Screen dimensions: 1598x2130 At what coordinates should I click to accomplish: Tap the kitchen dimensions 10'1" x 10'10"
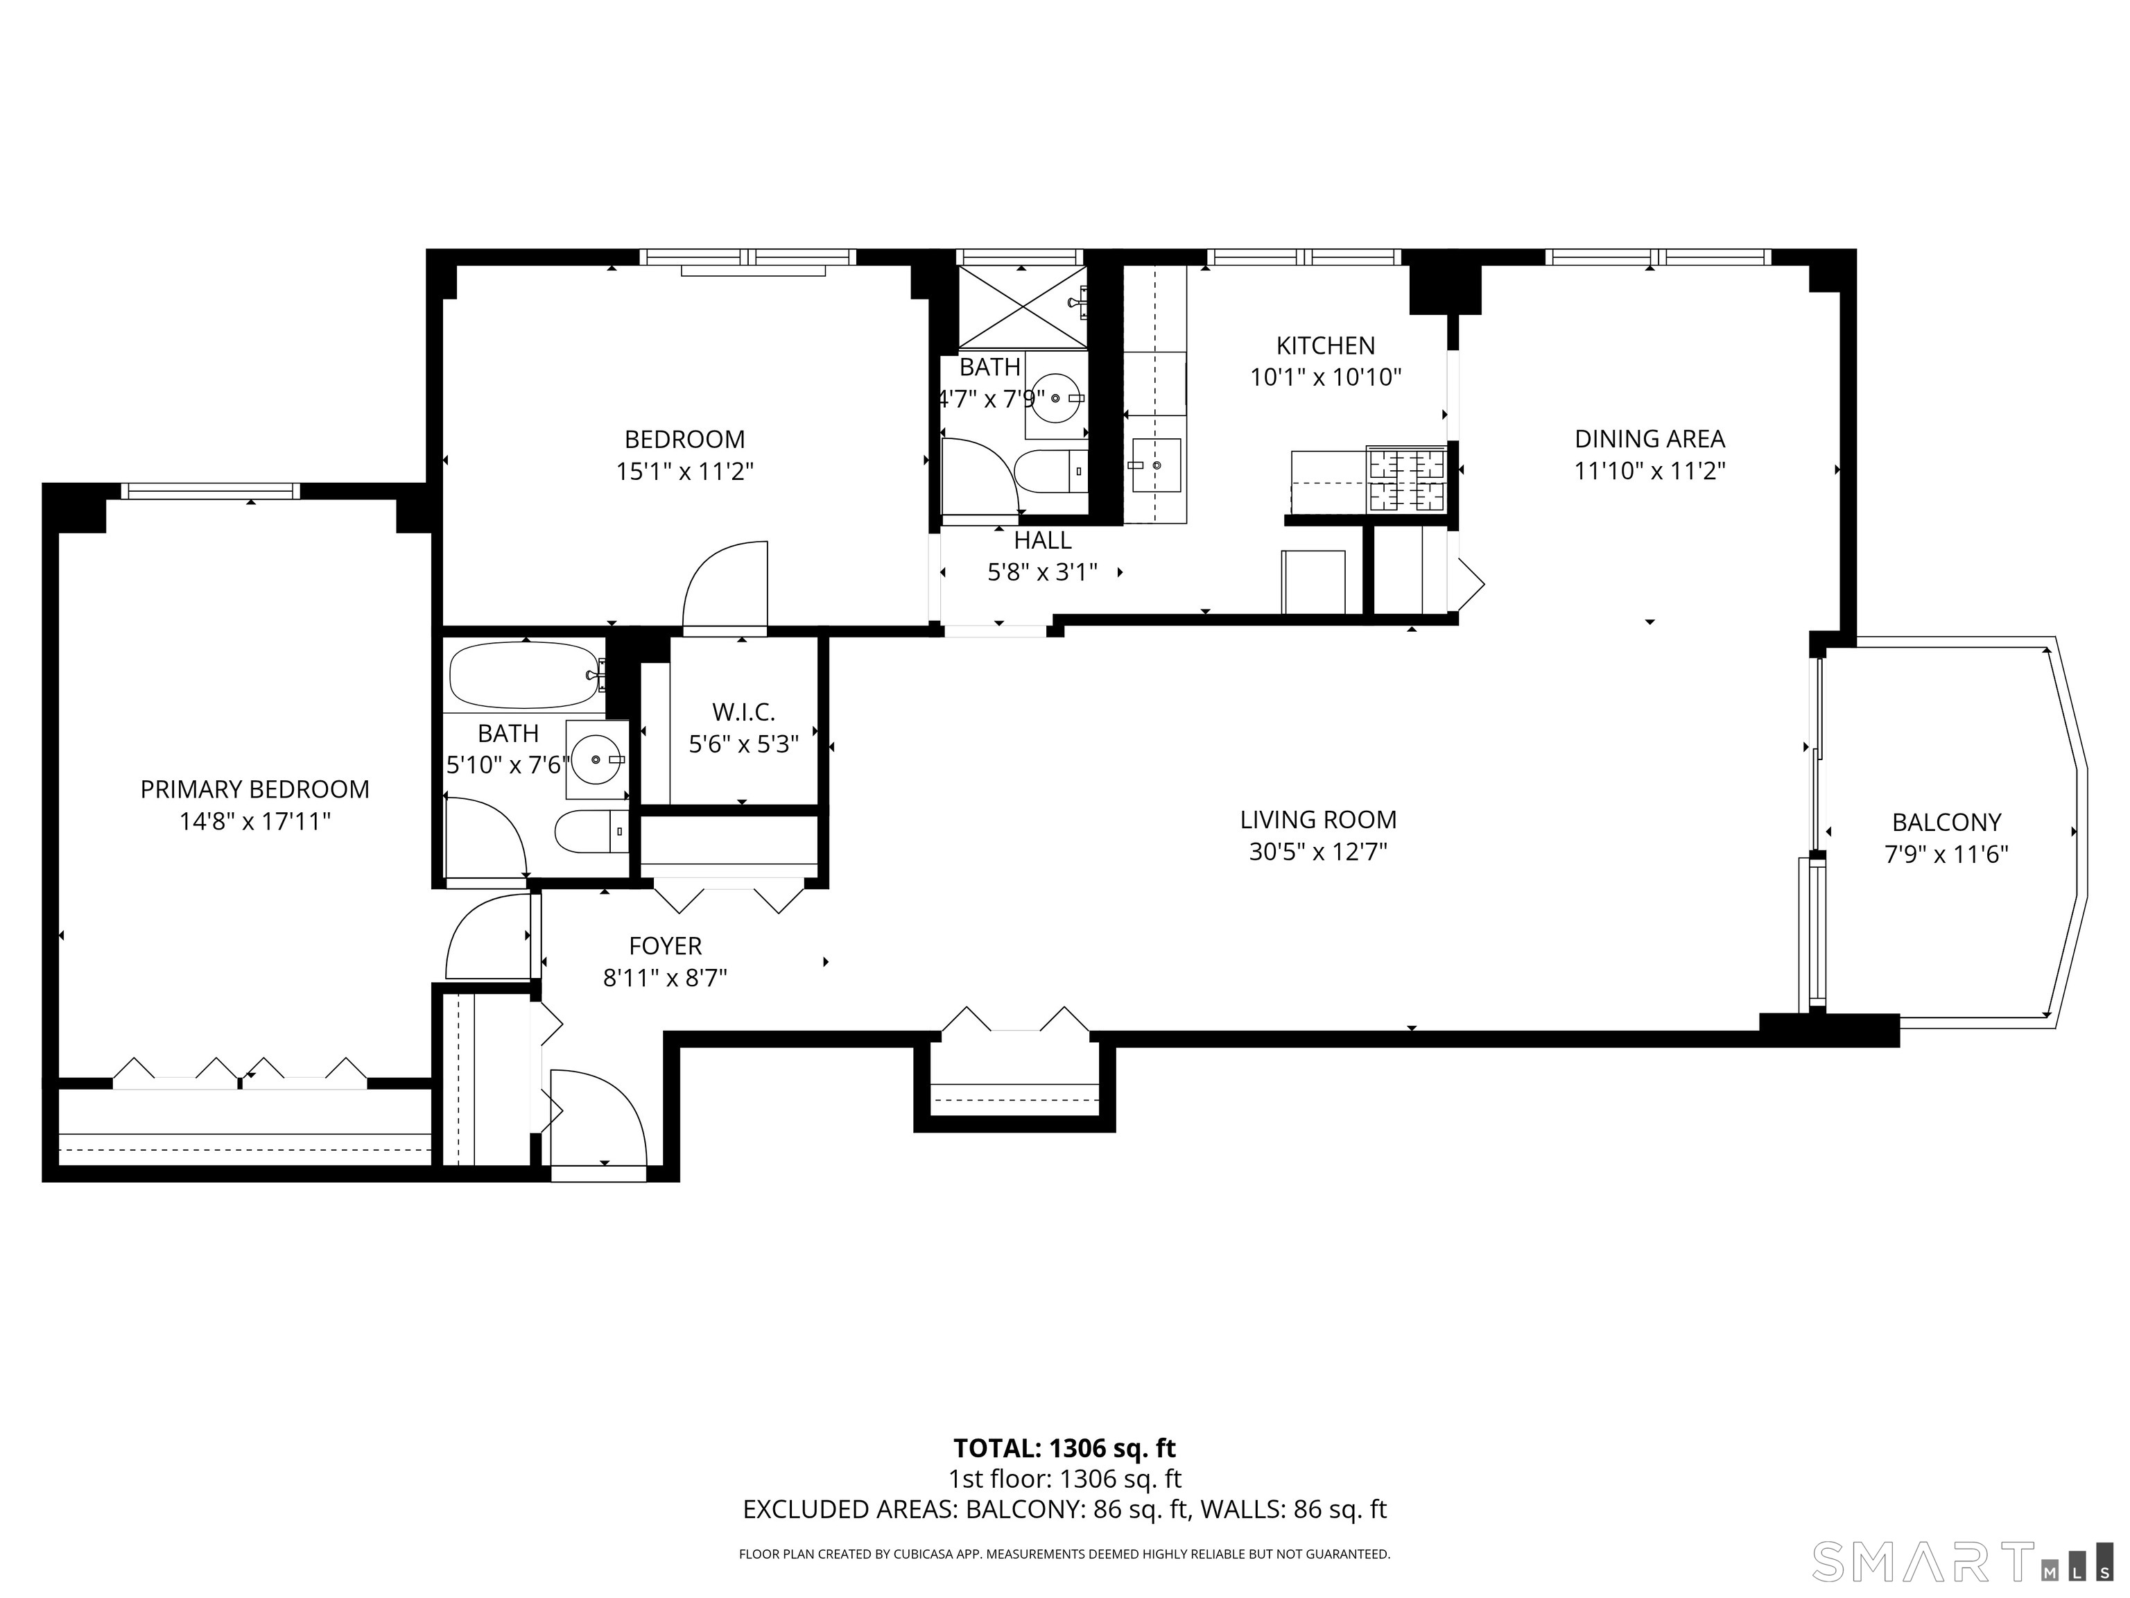[1325, 377]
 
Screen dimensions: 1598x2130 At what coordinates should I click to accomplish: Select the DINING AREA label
[1649, 439]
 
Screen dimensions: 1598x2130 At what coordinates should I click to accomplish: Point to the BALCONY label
[1946, 822]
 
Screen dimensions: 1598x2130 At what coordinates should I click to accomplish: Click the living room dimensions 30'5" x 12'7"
[1317, 852]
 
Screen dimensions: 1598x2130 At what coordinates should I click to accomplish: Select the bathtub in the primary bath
[523, 674]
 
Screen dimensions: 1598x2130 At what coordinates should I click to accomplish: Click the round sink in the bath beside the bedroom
[1057, 397]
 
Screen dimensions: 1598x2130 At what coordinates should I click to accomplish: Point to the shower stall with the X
[1022, 307]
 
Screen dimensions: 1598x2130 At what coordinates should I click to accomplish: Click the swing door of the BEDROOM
[727, 587]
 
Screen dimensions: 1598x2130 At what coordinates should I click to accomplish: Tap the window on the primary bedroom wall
[210, 491]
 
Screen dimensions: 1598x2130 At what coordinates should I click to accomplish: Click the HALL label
[1042, 540]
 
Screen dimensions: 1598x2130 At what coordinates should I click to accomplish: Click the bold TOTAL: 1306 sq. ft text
[1064, 1447]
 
